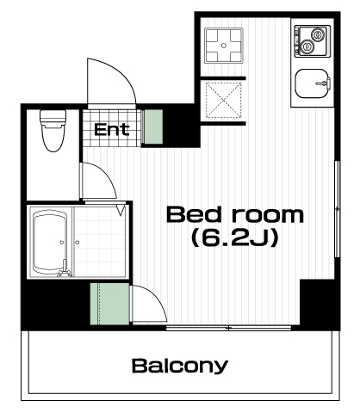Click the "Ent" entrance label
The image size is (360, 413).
click(111, 130)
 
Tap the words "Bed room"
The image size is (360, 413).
click(235, 215)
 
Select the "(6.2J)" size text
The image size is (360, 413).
click(235, 237)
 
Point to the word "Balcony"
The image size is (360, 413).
click(180, 366)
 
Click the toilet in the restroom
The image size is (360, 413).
click(53, 131)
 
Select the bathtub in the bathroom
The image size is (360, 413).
click(51, 243)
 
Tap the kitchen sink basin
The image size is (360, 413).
click(313, 83)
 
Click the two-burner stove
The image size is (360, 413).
click(313, 40)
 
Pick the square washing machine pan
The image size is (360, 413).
click(224, 46)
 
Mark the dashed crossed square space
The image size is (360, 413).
click(224, 100)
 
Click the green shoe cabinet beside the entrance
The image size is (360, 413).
click(153, 126)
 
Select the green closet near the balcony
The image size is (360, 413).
click(109, 304)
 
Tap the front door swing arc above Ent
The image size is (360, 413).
click(126, 75)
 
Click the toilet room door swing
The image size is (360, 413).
click(108, 175)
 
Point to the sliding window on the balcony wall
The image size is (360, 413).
click(229, 328)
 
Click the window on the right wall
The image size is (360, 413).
click(338, 209)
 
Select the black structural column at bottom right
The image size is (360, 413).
click(320, 305)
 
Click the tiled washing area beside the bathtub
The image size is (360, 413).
click(100, 243)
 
